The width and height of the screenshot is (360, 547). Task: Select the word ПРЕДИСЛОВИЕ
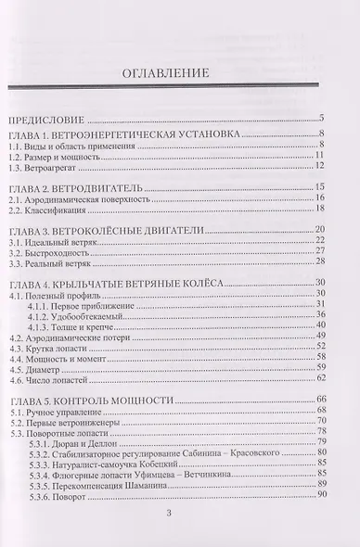(45, 120)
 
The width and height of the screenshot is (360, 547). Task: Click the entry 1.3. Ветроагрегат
(44, 169)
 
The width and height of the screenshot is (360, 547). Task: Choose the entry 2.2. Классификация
(48, 212)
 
